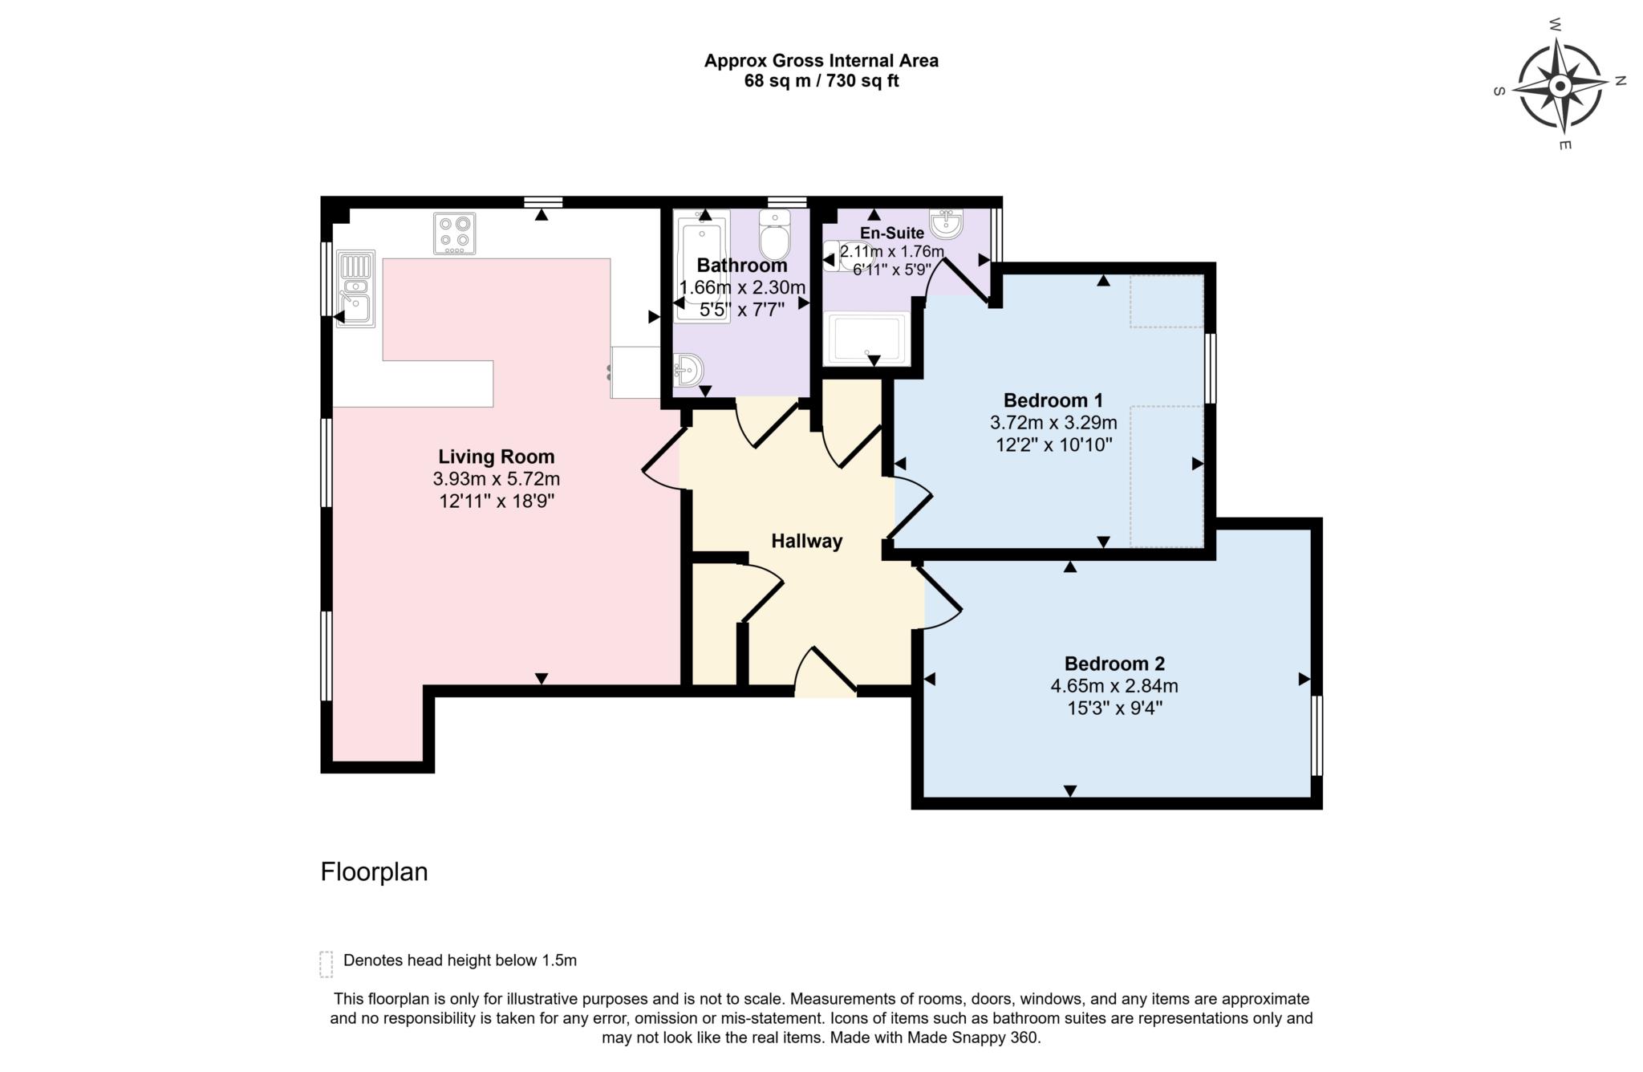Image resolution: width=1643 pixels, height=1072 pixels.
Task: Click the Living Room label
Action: pyautogui.click(x=496, y=457)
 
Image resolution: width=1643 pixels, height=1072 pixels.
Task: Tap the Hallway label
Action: pyautogui.click(x=806, y=541)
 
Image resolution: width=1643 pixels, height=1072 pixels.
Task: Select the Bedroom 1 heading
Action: pyautogui.click(x=1053, y=400)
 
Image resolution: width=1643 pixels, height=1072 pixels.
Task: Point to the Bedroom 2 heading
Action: pyautogui.click(x=1114, y=664)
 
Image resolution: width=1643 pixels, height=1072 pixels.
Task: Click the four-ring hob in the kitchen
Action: pyautogui.click(x=454, y=233)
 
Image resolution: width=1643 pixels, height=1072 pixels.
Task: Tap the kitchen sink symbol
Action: pyautogui.click(x=355, y=290)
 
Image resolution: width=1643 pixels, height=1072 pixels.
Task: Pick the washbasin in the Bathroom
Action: pyautogui.click(x=688, y=370)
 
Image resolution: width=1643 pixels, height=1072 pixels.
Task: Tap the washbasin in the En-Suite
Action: pyautogui.click(x=946, y=222)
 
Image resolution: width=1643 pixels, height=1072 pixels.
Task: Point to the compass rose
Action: pyautogui.click(x=1559, y=87)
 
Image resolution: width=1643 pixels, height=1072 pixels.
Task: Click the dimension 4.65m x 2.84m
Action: pyautogui.click(x=1114, y=686)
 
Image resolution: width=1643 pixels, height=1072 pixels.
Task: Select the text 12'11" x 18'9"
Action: pyautogui.click(x=496, y=501)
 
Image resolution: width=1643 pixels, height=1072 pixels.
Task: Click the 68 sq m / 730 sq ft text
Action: pyautogui.click(x=821, y=81)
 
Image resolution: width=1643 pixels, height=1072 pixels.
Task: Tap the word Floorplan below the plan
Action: pyautogui.click(x=374, y=871)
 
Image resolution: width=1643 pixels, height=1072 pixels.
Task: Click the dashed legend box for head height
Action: pyautogui.click(x=326, y=964)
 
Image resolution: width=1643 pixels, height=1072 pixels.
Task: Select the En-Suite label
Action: pyautogui.click(x=891, y=233)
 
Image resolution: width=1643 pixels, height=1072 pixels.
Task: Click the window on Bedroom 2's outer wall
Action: pyautogui.click(x=1316, y=735)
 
